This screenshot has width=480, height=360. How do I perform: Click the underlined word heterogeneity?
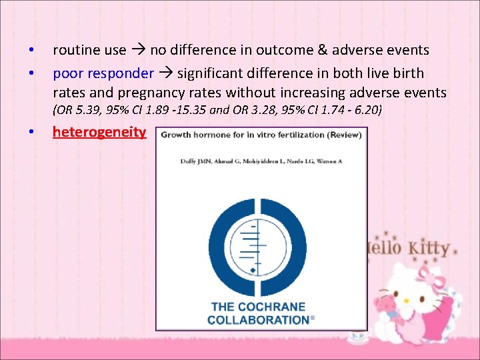tap(99, 131)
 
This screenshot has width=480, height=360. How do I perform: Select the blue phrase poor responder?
tap(103, 73)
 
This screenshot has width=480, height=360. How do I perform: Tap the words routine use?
tap(89, 50)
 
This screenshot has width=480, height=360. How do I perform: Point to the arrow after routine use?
tap(138, 50)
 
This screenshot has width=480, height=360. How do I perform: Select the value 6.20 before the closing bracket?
tap(363, 110)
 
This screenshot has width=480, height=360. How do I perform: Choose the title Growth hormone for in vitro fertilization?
tap(261, 135)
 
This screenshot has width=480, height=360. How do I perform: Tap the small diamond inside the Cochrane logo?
tap(253, 269)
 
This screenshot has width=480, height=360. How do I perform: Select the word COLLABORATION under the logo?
tap(259, 320)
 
